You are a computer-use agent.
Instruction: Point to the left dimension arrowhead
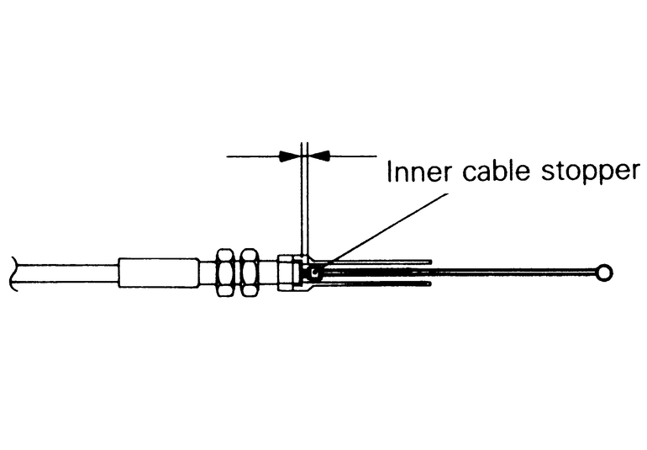[290, 156]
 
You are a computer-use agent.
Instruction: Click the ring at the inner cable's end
[602, 273]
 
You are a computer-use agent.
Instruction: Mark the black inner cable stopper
[314, 273]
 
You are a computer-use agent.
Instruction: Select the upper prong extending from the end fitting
[378, 262]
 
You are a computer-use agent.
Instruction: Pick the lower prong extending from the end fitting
[378, 283]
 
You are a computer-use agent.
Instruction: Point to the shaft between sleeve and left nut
[207, 273]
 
